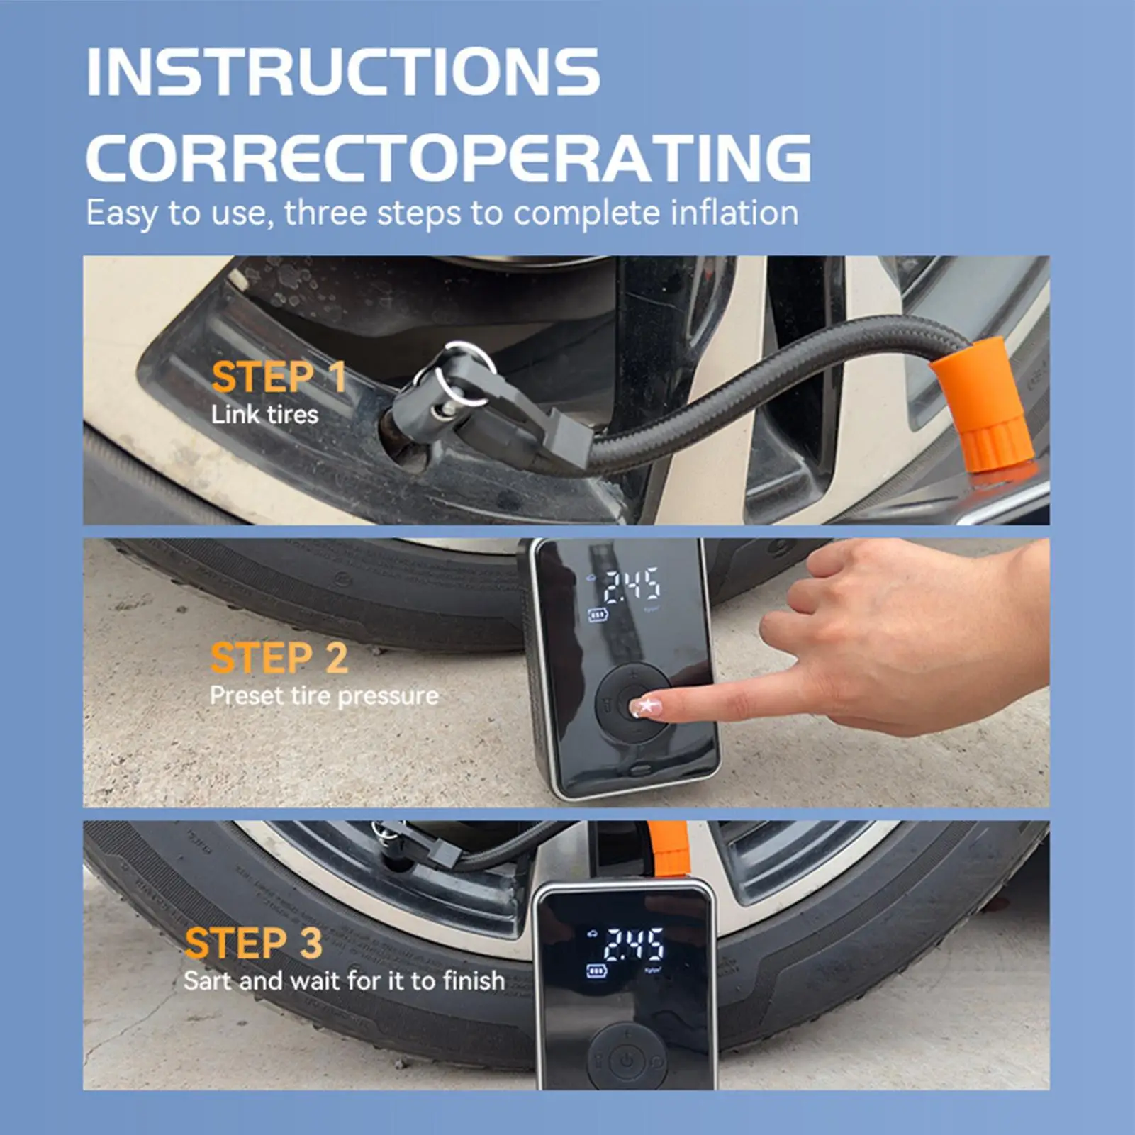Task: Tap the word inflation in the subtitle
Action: [734, 213]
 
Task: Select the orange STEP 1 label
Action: [279, 376]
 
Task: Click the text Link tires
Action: [264, 414]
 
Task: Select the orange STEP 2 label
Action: [279, 658]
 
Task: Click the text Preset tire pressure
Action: [324, 695]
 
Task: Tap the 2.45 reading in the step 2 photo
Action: [631, 585]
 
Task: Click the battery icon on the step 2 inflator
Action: [598, 615]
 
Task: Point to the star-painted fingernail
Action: [647, 705]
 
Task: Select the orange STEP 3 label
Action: [253, 944]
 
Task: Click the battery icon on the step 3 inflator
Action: [597, 971]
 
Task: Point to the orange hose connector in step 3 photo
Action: [668, 849]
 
